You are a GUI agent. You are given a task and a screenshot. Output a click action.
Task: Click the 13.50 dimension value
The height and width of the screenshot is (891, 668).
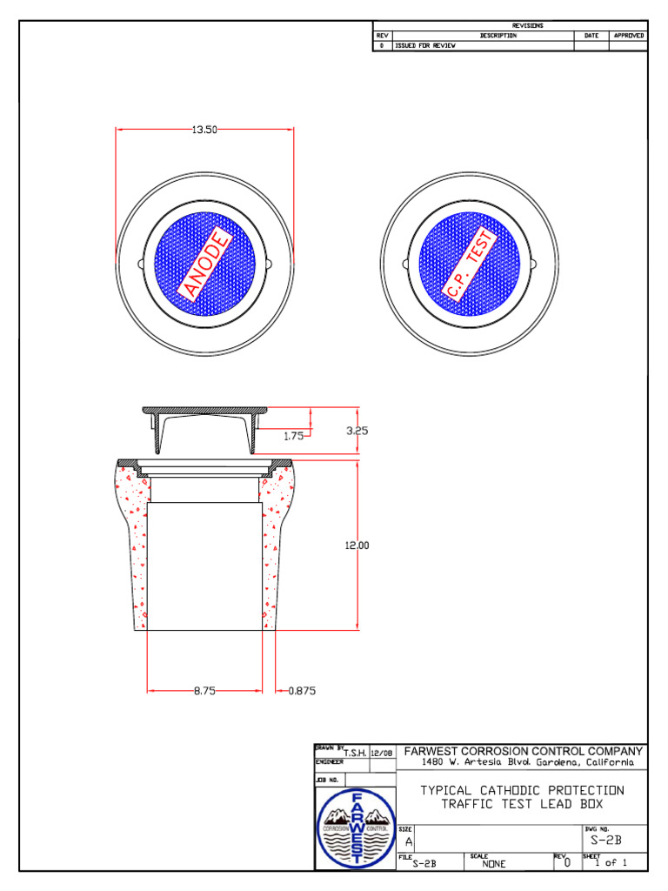[204, 130]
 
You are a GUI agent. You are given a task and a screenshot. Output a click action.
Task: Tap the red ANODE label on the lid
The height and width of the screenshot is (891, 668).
[206, 262]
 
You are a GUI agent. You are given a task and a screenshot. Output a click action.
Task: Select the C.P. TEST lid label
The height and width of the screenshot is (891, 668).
[471, 262]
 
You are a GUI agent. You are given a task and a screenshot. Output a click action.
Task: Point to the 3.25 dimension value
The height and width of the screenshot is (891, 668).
[356, 430]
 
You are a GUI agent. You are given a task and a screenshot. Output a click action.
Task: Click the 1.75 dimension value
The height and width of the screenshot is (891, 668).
[294, 437]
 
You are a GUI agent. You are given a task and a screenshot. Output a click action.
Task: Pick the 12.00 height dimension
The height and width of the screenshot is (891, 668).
[357, 546]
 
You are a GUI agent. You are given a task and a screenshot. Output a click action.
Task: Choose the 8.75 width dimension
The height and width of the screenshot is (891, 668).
[204, 691]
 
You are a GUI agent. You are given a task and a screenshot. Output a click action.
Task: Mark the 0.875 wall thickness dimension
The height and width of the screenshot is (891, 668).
[302, 691]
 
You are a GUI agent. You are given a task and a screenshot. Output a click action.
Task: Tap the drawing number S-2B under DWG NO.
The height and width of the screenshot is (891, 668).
[605, 841]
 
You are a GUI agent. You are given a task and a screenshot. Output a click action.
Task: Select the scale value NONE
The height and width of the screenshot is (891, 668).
[494, 864]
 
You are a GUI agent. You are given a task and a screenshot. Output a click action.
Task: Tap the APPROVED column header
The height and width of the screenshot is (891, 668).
[628, 36]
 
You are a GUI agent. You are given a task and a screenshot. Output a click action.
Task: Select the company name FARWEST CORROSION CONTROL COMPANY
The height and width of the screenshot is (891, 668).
[524, 751]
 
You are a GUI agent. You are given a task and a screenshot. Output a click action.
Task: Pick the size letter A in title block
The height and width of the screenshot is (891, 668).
[409, 842]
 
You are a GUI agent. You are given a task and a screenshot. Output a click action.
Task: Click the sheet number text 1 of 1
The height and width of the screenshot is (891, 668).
[611, 863]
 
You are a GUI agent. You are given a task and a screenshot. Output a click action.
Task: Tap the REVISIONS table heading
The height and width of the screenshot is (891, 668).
[527, 26]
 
